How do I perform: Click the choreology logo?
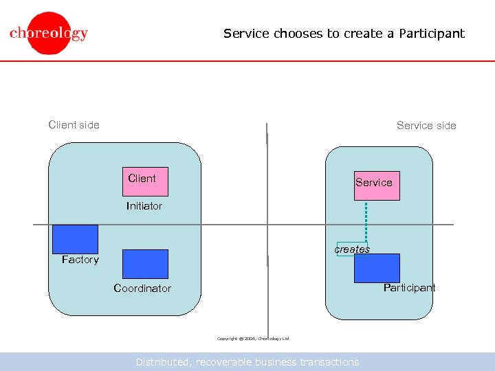(x=48, y=33)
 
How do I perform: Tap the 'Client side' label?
(x=74, y=124)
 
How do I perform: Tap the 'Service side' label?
(x=426, y=125)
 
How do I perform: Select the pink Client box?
(x=145, y=182)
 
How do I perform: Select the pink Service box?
(x=377, y=185)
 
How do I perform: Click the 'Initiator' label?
(x=144, y=206)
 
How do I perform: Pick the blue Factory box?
(x=75, y=239)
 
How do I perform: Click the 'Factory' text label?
(x=80, y=260)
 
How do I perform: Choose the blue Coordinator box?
(x=145, y=264)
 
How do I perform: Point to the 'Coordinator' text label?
(x=142, y=289)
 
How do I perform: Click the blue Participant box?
(x=377, y=268)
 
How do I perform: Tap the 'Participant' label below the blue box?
(x=409, y=288)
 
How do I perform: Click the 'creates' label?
(x=352, y=249)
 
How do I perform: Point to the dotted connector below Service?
(x=366, y=220)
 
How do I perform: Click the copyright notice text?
(x=253, y=339)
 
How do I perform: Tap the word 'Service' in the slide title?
(x=247, y=33)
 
